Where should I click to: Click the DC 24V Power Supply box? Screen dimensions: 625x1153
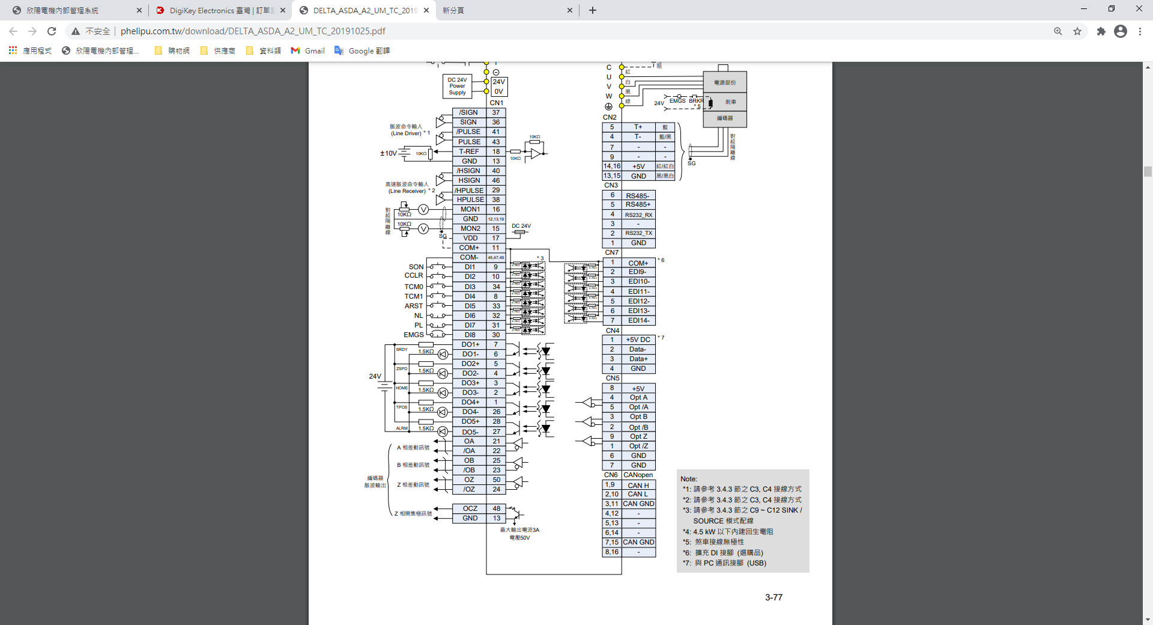click(457, 87)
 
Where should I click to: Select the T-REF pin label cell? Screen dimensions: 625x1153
click(469, 151)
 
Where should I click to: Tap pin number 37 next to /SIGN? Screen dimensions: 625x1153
click(496, 112)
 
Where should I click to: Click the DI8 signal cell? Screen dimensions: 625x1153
click(470, 335)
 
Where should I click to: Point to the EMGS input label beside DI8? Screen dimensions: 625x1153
click(413, 335)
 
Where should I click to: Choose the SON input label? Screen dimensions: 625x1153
click(416, 267)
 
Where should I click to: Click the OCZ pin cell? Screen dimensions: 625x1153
click(470, 508)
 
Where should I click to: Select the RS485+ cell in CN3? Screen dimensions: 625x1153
click(638, 204)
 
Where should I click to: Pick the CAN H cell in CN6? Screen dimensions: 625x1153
click(638, 485)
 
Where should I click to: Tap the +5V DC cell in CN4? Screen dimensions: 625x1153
click(638, 340)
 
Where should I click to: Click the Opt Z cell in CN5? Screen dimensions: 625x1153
click(638, 436)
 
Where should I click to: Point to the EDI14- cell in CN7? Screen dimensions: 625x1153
click(638, 320)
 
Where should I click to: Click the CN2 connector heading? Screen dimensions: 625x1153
click(610, 117)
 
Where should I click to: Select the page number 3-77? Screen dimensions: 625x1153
click(773, 597)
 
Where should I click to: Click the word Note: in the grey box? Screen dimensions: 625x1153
click(688, 479)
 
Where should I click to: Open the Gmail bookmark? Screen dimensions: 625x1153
click(308, 51)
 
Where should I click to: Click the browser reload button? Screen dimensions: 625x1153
click(52, 31)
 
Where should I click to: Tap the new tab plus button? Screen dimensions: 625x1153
click(593, 10)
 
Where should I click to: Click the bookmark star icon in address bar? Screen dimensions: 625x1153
click(1077, 31)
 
